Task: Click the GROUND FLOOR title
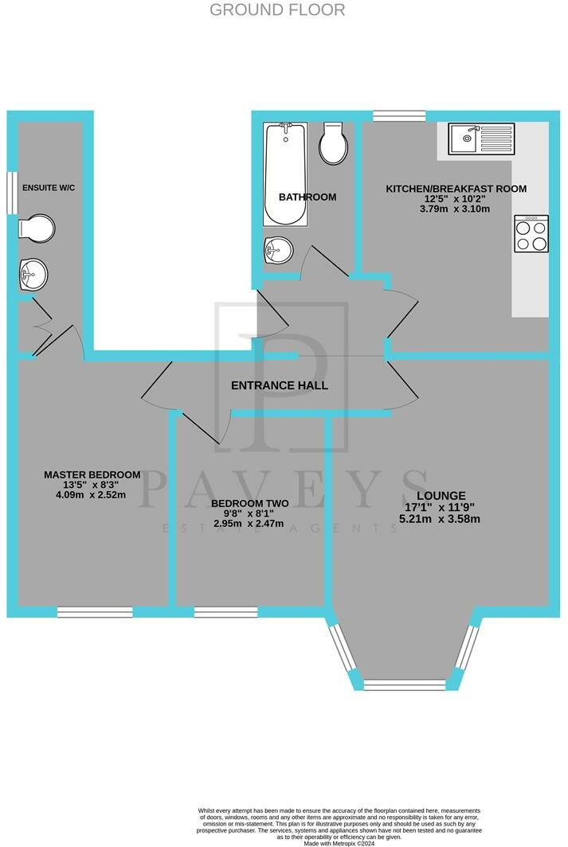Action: coord(277,10)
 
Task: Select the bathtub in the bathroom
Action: coord(284,173)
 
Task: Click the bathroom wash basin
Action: coord(277,251)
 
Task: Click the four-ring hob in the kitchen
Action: coord(531,234)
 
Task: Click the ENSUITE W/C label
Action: coord(48,188)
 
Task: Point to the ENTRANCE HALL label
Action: coord(280,385)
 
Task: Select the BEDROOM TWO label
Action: coord(249,504)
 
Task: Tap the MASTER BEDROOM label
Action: coord(92,474)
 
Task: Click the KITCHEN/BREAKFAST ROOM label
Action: coord(456,189)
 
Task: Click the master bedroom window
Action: coord(95,611)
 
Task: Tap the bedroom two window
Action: coord(225,611)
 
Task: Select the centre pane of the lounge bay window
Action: coord(404,684)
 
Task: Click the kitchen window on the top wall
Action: coord(398,116)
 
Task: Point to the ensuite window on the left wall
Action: coord(13,192)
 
